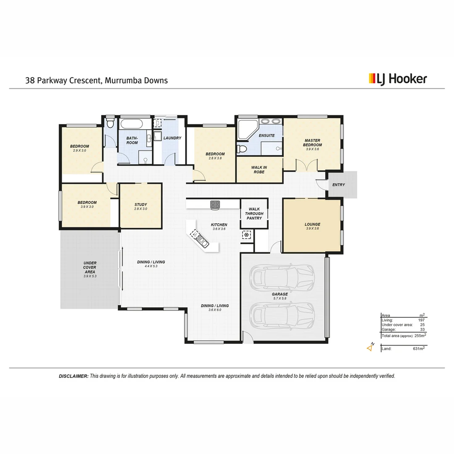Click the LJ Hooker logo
(x=398, y=79)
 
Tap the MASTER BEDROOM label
(x=312, y=143)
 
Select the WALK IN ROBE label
(x=259, y=170)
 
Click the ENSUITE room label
(x=267, y=135)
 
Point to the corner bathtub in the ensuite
(x=245, y=129)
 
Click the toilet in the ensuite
(x=242, y=148)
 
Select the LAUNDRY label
(x=172, y=138)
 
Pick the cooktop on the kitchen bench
(x=215, y=204)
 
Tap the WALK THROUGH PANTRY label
(x=254, y=214)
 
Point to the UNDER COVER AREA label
(x=90, y=267)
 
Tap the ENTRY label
(x=338, y=185)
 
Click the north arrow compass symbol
(x=370, y=347)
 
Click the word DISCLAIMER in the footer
(x=74, y=376)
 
